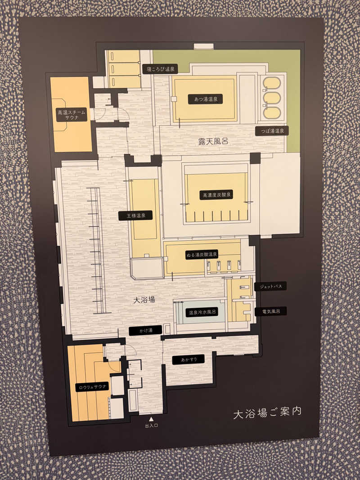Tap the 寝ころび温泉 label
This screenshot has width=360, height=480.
[160, 69]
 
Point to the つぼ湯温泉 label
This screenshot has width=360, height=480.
[272, 131]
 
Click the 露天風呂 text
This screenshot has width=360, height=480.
[213, 141]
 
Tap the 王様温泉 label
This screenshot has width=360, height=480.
[135, 215]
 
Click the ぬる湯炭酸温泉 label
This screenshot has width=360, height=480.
[201, 255]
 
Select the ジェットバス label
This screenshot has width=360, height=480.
[270, 287]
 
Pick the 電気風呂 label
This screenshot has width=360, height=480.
[270, 311]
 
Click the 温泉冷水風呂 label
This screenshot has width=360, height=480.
[202, 312]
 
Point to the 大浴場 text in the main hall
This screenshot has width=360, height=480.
[145, 299]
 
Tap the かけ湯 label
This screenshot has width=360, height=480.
[145, 331]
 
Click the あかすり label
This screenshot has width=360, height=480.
[188, 359]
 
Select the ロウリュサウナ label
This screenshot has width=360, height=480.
[92, 386]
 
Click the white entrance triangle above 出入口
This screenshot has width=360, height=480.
[151, 419]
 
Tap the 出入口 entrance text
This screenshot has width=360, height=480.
[151, 426]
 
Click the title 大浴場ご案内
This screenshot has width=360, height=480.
[267, 413]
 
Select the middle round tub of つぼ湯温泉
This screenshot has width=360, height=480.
[272, 98]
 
